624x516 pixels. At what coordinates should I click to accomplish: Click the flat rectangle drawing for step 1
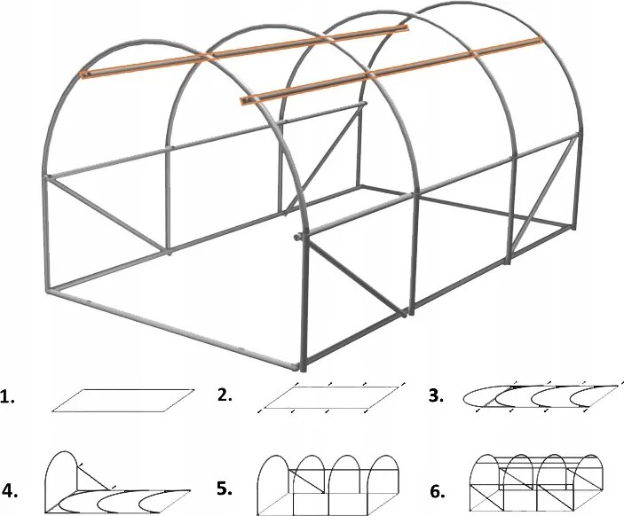coord(124,400)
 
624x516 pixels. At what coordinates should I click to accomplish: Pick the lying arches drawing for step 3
coord(541,397)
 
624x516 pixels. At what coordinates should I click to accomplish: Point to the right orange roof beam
coord(391,71)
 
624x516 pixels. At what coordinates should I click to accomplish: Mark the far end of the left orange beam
coord(406,29)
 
